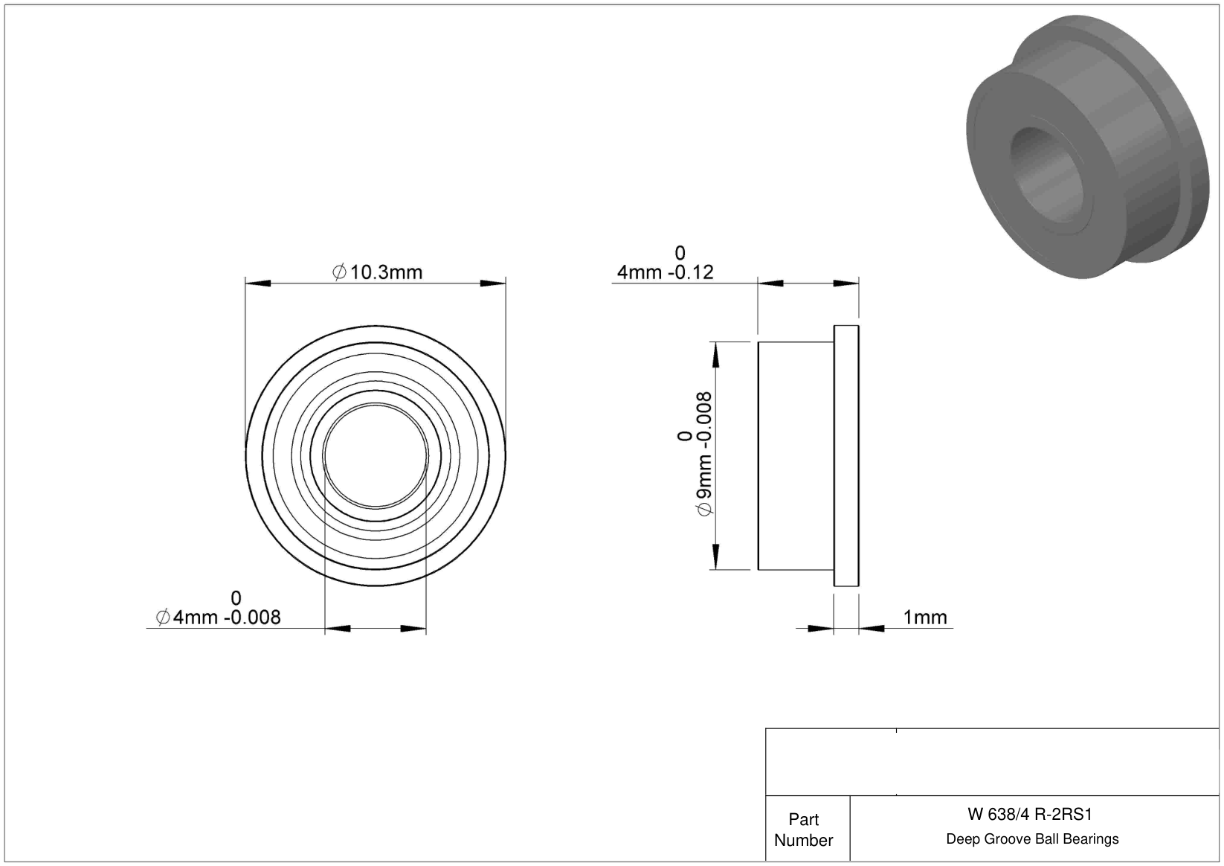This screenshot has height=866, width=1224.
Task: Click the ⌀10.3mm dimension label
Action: [378, 272]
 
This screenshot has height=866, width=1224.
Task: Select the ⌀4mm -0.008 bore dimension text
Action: [218, 618]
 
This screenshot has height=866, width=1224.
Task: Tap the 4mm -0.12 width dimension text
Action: [665, 272]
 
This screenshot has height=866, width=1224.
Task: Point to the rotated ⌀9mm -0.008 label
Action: [703, 453]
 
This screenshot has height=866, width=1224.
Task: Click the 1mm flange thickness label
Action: [924, 618]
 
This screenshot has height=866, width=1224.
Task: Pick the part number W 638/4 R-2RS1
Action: [1029, 815]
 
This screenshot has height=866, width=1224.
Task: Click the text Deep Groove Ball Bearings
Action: [1032, 839]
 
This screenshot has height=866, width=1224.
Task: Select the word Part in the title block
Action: [803, 820]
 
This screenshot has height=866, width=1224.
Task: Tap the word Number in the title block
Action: [803, 840]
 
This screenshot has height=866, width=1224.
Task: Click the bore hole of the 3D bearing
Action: [1046, 175]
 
